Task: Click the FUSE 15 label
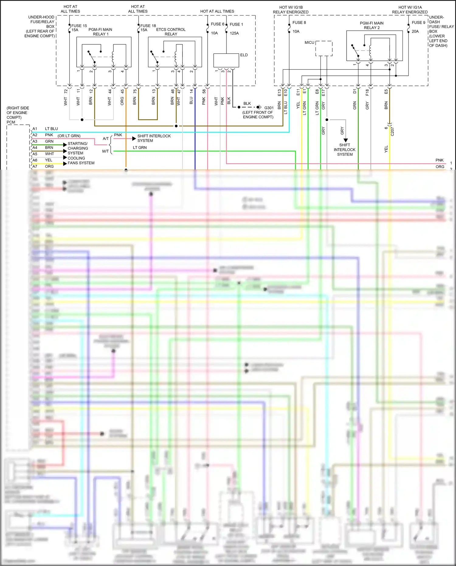(79, 26)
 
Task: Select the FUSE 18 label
(148, 26)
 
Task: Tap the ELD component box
(226, 60)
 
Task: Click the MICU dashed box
(324, 49)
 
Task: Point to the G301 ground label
(269, 108)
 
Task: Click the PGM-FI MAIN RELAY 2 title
(371, 25)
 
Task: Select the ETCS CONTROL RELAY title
(171, 32)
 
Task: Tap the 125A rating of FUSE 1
(234, 33)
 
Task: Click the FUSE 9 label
(418, 23)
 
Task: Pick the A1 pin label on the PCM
(35, 129)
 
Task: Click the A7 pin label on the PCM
(35, 166)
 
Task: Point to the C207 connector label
(392, 131)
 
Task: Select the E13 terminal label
(279, 93)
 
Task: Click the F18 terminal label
(367, 92)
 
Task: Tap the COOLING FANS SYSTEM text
(81, 161)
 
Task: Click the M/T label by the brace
(105, 151)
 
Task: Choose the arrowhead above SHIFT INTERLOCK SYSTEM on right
(346, 140)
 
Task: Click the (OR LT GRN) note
(69, 136)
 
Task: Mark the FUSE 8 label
(299, 23)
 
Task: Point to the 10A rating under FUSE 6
(214, 33)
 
